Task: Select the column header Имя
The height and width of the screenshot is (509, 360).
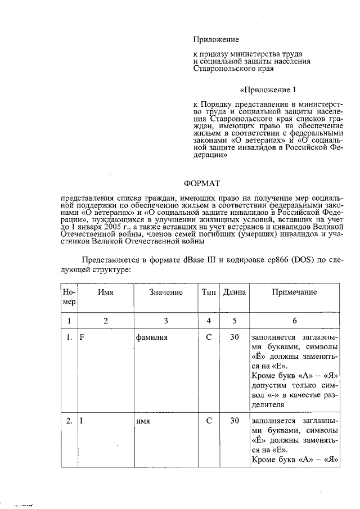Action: [106, 292]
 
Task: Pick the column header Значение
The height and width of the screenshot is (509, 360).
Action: [166, 292]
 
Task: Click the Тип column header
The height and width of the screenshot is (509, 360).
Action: [209, 292]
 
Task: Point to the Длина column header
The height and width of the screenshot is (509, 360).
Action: [235, 292]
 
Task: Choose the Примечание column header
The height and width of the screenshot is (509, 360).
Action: [294, 292]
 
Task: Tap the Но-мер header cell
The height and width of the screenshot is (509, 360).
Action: [69, 297]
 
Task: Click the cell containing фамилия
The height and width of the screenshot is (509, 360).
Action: [152, 338]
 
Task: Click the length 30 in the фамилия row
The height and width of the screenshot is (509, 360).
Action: [235, 337]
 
